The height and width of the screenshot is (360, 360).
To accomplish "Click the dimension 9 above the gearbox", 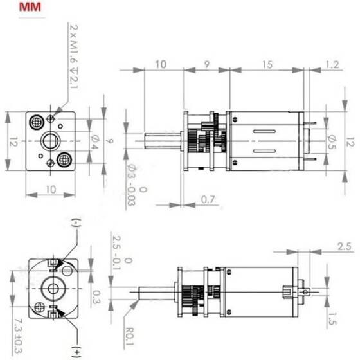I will (205, 65).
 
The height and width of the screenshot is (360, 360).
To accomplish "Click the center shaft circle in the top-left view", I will (50, 140).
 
